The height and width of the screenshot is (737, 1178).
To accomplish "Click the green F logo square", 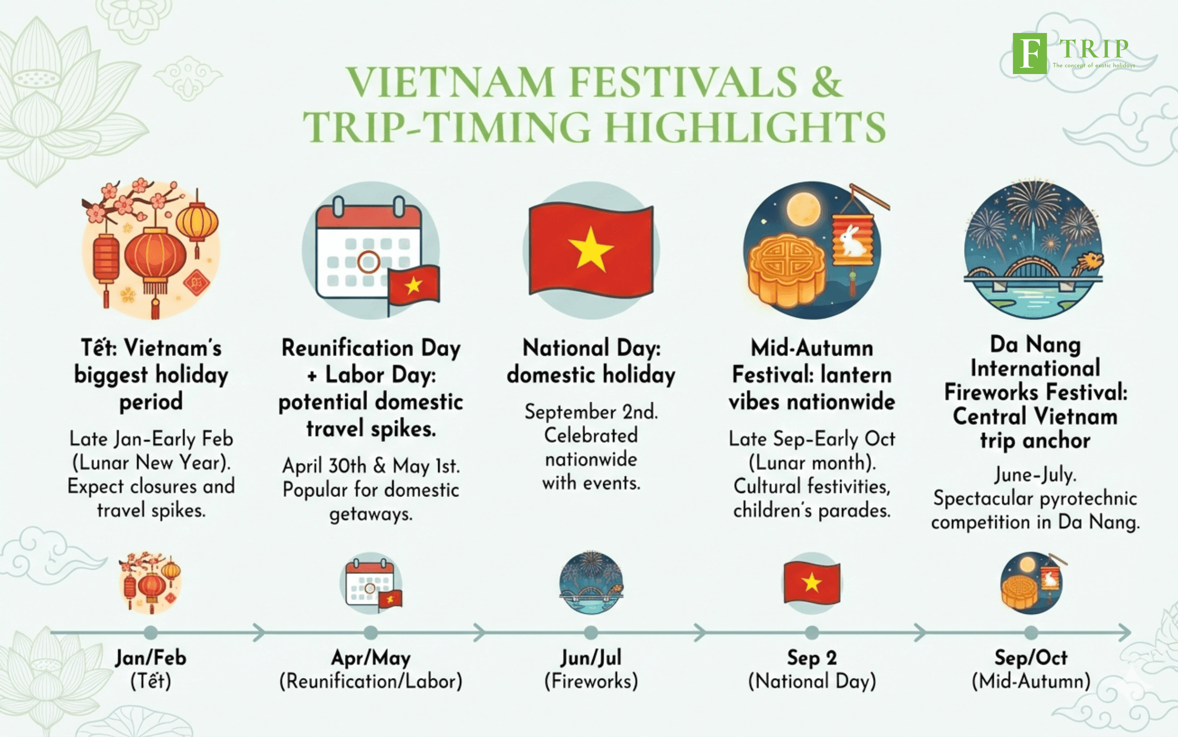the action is tap(1030, 53).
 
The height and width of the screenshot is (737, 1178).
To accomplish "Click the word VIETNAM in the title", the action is tap(450, 82).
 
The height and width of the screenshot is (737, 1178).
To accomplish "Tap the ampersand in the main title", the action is tap(826, 82).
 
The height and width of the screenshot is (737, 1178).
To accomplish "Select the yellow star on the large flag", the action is tap(591, 249).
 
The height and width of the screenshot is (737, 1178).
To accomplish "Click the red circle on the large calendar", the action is tap(368, 262).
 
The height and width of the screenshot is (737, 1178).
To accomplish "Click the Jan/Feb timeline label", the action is tap(150, 658).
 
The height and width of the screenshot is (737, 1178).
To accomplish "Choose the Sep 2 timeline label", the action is tap(812, 658).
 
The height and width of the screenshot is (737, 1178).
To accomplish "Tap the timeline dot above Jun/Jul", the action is tap(591, 633).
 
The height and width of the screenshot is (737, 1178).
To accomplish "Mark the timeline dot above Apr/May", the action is tap(370, 633).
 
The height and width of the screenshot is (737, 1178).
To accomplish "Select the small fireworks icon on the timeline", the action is tap(591, 582).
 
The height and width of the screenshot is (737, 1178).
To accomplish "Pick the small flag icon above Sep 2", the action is tap(812, 582).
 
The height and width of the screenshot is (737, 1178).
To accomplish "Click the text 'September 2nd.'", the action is tap(591, 412).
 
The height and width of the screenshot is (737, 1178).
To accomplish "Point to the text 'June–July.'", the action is tap(1035, 475).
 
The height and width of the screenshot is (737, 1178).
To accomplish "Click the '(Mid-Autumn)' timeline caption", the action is tap(1031, 681).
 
